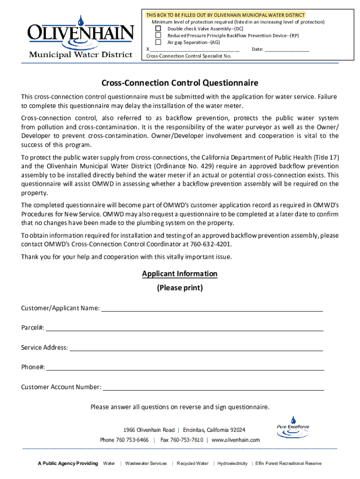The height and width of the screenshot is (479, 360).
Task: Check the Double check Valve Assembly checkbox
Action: [x=158, y=29]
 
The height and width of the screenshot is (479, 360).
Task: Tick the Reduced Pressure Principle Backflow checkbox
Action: [x=158, y=35]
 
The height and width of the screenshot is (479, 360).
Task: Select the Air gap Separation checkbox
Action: [x=158, y=42]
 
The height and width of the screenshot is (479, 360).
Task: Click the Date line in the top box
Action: [x=287, y=50]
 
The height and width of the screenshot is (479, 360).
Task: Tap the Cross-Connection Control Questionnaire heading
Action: [x=180, y=83]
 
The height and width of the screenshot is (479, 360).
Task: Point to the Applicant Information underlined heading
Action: [x=180, y=274]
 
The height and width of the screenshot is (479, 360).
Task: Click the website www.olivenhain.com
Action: [x=236, y=440]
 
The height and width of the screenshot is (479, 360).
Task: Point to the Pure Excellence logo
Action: [x=293, y=427]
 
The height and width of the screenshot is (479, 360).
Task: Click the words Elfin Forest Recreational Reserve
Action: [x=288, y=464]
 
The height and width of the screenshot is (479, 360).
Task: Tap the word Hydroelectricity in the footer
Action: [x=232, y=464]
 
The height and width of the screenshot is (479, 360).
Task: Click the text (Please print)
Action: [x=180, y=288]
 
